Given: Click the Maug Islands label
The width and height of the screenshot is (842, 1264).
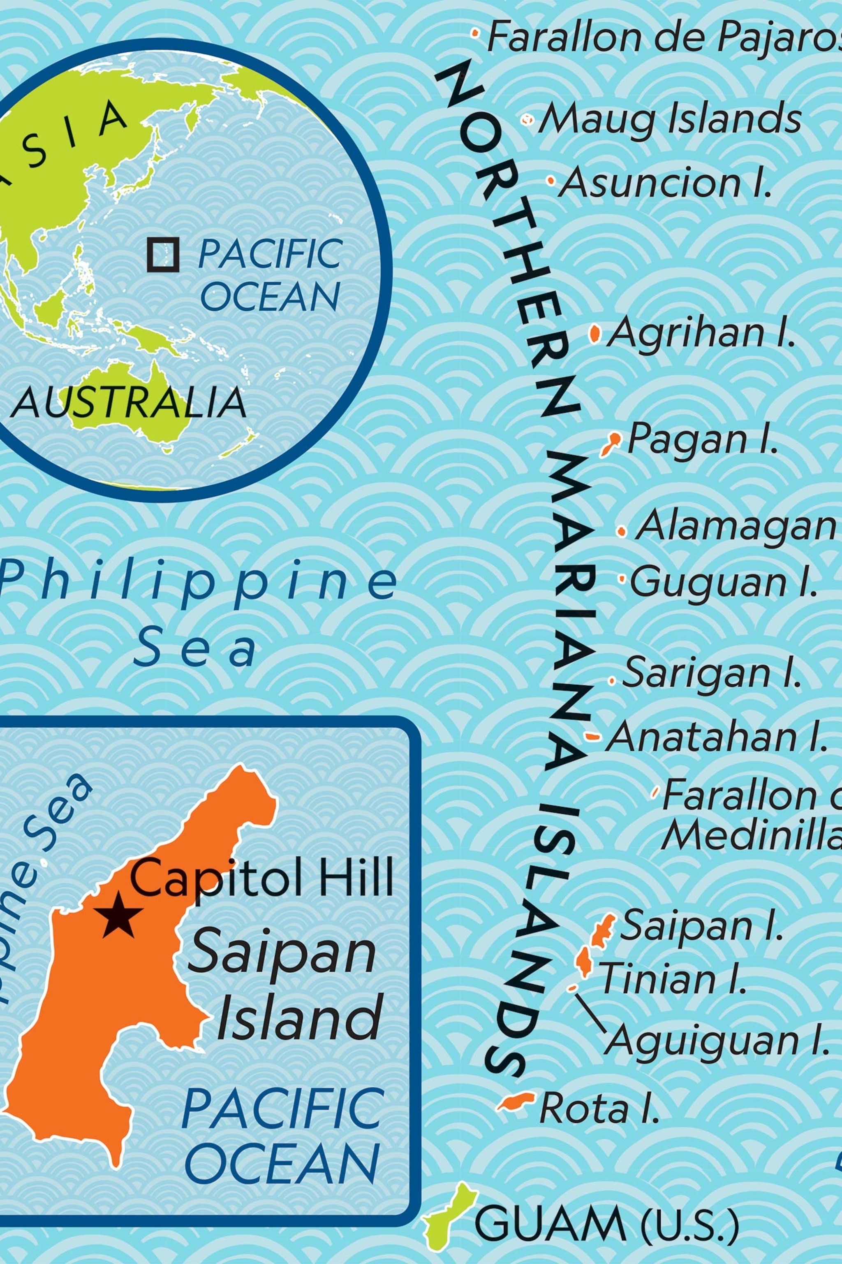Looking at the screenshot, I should tap(670, 119).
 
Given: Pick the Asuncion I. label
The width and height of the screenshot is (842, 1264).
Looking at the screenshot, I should tap(665, 183).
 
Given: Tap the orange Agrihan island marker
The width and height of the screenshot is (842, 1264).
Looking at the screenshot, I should tap(594, 334).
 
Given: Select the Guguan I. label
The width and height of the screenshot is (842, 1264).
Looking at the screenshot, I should tap(723, 583).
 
